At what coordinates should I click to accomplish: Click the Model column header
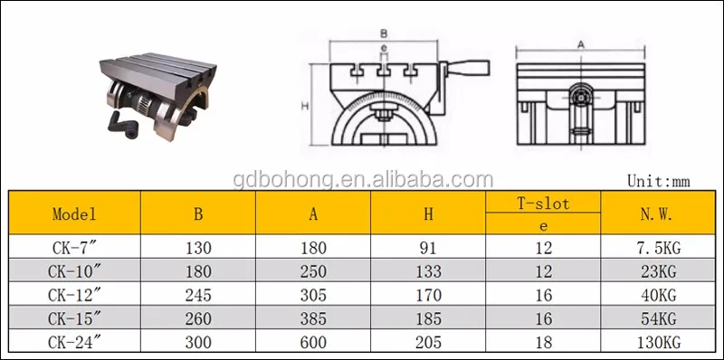point(75,214)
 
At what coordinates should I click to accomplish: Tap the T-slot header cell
point(543,204)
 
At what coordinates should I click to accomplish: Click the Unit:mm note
point(658,181)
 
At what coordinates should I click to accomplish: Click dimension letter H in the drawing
point(305,106)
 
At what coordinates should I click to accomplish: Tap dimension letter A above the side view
point(580,43)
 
